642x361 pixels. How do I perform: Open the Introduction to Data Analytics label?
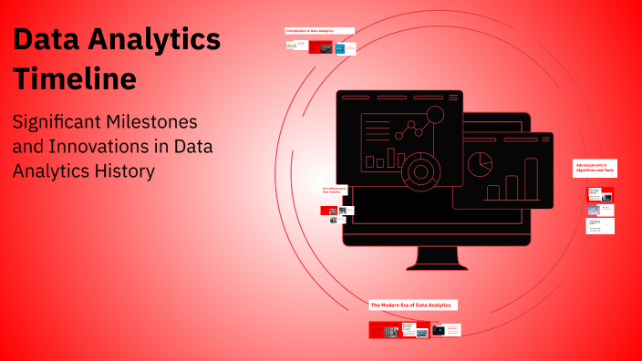[x=310, y=31]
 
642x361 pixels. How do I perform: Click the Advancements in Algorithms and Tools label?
[x=594, y=167]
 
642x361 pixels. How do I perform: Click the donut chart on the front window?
[x=420, y=170]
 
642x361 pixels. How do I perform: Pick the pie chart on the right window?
[x=480, y=164]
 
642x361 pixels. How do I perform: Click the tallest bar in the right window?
[x=531, y=179]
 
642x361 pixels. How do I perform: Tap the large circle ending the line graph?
[x=435, y=115]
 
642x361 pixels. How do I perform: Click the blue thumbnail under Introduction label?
[x=339, y=47]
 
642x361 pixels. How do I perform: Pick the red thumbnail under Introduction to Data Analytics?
[x=320, y=47]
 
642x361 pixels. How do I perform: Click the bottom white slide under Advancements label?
[x=600, y=226]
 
